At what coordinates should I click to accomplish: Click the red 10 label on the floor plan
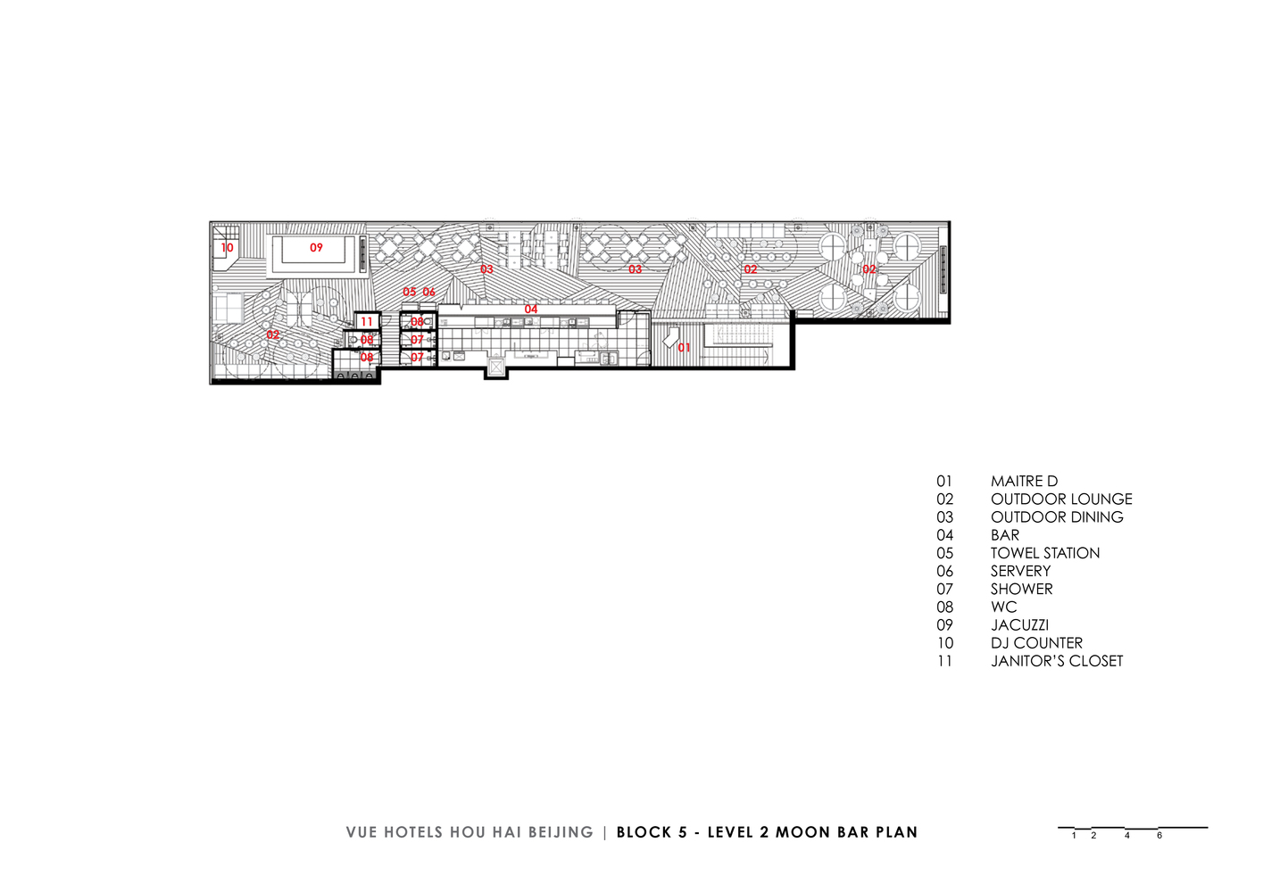coord(227,248)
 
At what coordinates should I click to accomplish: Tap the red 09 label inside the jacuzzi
coord(316,247)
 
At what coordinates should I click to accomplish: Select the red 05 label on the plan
coord(409,292)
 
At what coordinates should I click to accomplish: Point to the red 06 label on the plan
coord(428,292)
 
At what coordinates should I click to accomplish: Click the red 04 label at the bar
coord(531,310)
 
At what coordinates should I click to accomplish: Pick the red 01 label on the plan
coord(684,348)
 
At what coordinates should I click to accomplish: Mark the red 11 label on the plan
coord(367,322)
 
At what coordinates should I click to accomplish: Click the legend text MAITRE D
coord(1024,482)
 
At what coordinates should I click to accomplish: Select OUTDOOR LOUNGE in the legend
coord(1061,500)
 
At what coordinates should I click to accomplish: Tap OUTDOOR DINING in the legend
coord(1057,517)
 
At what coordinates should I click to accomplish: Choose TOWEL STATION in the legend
coord(1045,553)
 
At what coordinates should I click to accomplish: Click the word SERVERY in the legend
coord(1020,571)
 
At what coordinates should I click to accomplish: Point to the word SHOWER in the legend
coord(1021,589)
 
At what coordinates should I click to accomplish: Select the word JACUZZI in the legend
coord(1019,625)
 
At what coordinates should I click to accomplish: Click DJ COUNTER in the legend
coord(1036,643)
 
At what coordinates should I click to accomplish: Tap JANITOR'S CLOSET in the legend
coord(1057,661)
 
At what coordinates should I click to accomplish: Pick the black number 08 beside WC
coord(944,607)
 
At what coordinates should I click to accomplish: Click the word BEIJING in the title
coord(561,832)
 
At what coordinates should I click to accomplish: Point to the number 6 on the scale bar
coord(1159,836)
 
